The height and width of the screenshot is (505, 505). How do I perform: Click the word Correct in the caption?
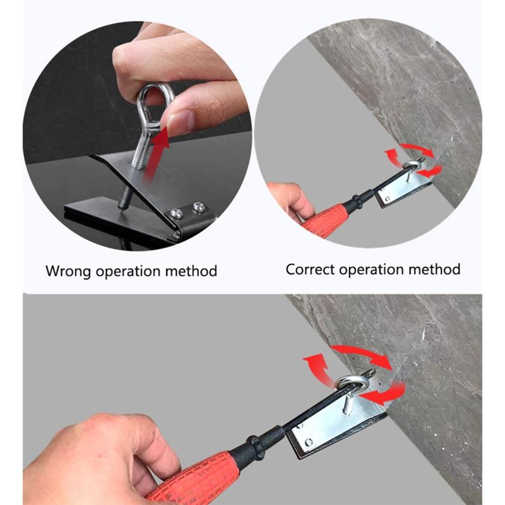tap(310, 270)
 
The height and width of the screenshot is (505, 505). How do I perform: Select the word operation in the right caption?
tap(376, 270)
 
